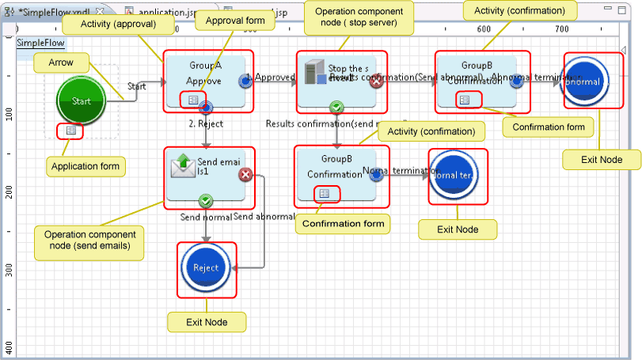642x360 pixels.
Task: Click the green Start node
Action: coord(82,100)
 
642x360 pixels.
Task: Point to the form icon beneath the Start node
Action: coord(70,131)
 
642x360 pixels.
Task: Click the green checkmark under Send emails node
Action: coord(206,201)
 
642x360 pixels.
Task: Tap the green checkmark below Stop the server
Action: coord(336,107)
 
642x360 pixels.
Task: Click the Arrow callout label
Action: coord(62,62)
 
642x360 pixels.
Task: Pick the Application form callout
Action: coord(85,166)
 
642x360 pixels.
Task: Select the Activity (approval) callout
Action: coord(117,24)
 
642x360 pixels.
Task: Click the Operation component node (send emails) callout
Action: coord(89,241)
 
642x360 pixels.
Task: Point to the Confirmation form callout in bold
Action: coord(344,224)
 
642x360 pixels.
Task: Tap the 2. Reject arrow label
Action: coord(206,124)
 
